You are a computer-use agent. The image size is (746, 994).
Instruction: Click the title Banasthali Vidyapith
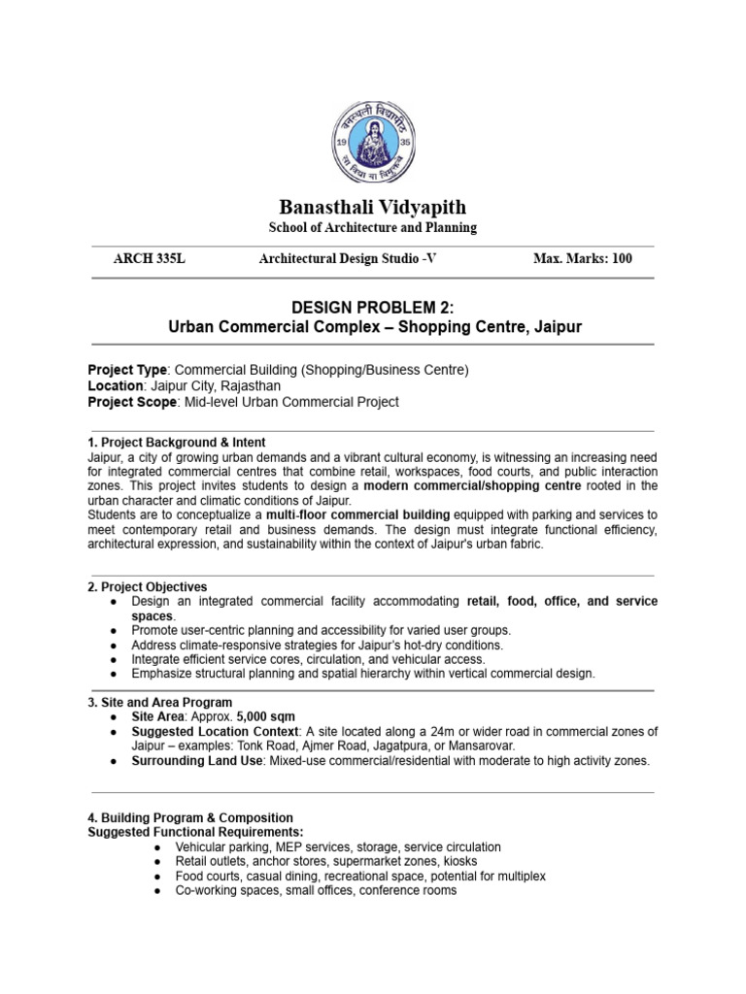pos(372,207)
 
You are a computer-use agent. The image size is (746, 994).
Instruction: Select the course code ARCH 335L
pos(149,258)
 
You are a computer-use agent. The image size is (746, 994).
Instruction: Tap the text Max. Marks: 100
pos(582,258)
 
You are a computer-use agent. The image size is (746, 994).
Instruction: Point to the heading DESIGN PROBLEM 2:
pos(373,308)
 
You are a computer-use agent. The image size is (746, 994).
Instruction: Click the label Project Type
pos(127,370)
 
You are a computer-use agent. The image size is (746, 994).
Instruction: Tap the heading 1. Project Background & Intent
pos(177,442)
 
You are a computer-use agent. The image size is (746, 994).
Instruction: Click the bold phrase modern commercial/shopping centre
pos(471,485)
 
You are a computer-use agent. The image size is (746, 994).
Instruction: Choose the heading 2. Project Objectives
pos(148,587)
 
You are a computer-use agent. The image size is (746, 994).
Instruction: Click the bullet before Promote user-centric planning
pos(115,630)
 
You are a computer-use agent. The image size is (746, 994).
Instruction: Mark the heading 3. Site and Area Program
pos(160,702)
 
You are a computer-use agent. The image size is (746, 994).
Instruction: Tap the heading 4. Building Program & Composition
pos(190,818)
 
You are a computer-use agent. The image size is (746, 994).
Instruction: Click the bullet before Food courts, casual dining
pos(157,876)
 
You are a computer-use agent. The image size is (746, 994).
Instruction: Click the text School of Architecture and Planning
pos(372,228)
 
